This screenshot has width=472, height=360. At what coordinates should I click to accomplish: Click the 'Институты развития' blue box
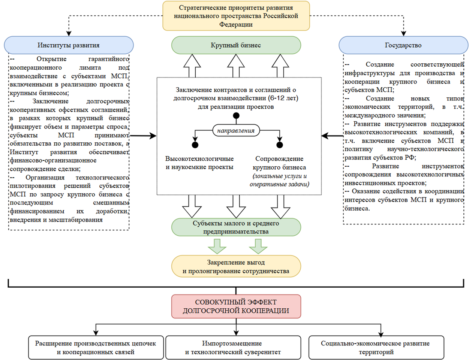pyautogui.click(x=69, y=45)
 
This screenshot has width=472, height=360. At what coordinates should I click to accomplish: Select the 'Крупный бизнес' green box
pyautogui.click(x=236, y=45)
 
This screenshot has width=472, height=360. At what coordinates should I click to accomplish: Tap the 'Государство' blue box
pyautogui.click(x=403, y=45)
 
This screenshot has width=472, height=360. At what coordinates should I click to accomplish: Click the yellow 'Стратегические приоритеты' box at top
pyautogui.click(x=236, y=16)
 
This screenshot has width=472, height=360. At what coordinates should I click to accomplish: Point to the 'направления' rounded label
pyautogui.click(x=236, y=130)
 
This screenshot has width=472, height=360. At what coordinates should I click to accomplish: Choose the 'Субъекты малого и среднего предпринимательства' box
pyautogui.click(x=236, y=227)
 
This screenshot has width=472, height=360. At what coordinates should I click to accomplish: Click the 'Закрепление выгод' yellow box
pyautogui.click(x=236, y=266)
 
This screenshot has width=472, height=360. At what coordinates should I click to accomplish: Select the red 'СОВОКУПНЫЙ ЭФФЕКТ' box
pyautogui.click(x=236, y=306)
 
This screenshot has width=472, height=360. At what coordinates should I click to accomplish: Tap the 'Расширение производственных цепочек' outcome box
pyautogui.click(x=96, y=348)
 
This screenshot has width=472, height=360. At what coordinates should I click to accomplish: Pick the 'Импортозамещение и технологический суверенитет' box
pyautogui.click(x=233, y=348)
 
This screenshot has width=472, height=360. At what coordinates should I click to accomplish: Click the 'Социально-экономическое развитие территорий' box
pyautogui.click(x=376, y=348)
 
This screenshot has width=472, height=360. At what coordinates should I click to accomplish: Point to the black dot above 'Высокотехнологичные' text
pyautogui.click(x=195, y=145)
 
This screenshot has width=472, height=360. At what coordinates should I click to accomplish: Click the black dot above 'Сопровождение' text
pyautogui.click(x=280, y=145)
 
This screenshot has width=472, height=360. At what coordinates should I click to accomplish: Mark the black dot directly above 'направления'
pyautogui.click(x=236, y=116)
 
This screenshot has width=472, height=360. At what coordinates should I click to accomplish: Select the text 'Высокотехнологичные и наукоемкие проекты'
pyautogui.click(x=199, y=163)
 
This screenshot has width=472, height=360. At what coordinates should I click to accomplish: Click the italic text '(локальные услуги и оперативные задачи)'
pyautogui.click(x=279, y=180)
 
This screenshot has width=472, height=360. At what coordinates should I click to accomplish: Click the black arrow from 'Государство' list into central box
pyautogui.click(x=332, y=136)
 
